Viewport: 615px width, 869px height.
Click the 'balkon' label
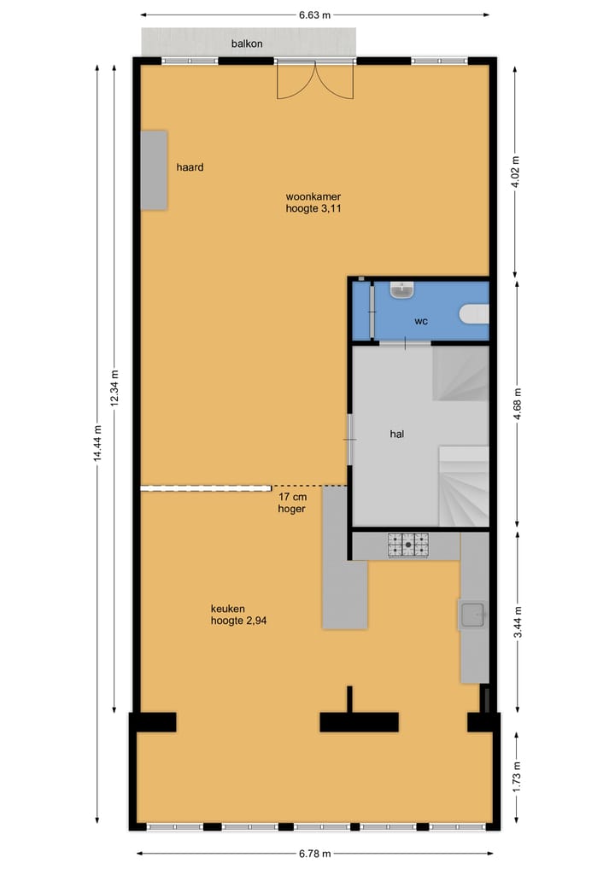[x=247, y=43]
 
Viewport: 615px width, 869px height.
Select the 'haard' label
[x=190, y=167]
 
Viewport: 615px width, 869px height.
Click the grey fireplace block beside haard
[x=154, y=170]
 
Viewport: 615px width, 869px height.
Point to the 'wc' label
[x=420, y=322]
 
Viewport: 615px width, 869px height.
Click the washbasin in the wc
[x=402, y=291]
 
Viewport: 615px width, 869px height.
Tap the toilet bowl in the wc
[x=475, y=315]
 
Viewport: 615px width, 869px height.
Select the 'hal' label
[x=396, y=434]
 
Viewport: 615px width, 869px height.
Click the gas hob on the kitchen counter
[x=408, y=545]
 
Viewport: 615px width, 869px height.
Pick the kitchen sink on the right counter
[x=472, y=614]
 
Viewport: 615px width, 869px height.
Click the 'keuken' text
[x=227, y=609]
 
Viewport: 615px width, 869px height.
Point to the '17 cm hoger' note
[x=291, y=502]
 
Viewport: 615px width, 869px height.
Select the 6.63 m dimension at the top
[x=314, y=15]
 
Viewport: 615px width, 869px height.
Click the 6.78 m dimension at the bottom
[x=314, y=853]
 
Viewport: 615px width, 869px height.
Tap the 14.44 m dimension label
[x=97, y=443]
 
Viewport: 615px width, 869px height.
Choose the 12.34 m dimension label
[x=114, y=389]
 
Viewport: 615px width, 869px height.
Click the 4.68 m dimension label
[x=515, y=404]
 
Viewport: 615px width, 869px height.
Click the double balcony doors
[x=314, y=80]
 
